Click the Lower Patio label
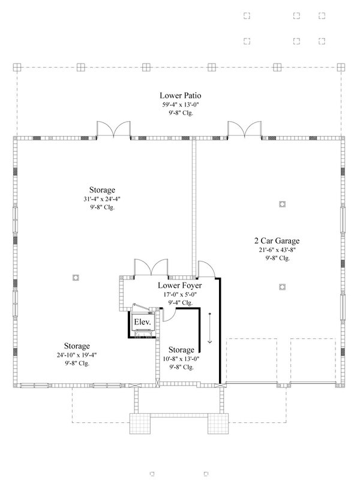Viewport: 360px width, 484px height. [x=180, y=95]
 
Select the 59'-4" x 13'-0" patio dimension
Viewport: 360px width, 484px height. [x=180, y=104]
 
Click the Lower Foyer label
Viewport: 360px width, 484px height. [x=179, y=286]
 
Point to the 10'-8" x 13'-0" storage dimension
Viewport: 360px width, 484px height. [x=181, y=359]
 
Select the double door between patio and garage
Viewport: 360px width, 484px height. [x=244, y=128]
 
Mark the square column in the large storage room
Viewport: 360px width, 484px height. [x=76, y=277]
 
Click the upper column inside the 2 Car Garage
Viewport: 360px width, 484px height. [x=282, y=205]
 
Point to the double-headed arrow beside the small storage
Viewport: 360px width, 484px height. [x=210, y=327]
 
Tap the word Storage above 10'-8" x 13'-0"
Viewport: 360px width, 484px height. [x=181, y=350]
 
